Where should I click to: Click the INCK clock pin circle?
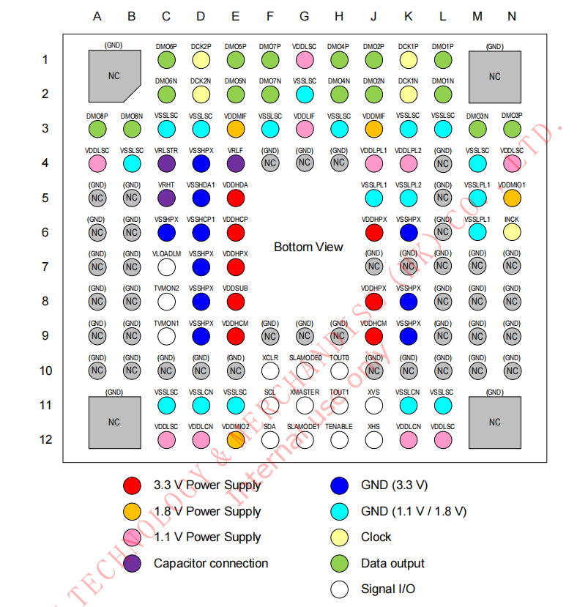click(x=512, y=232)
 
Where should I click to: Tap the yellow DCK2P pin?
click(x=201, y=59)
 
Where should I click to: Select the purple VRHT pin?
click(x=166, y=198)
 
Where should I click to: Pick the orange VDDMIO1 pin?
click(x=512, y=198)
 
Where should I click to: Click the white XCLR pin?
click(x=270, y=370)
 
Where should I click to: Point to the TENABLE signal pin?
click(x=339, y=439)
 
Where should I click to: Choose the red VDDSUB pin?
click(x=235, y=301)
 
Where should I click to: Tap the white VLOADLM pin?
click(x=166, y=267)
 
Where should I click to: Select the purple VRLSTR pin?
click(x=166, y=163)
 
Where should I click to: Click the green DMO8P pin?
click(x=97, y=129)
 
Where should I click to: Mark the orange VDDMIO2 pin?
click(x=235, y=439)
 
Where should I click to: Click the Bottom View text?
click(x=308, y=247)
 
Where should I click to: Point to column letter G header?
click(x=305, y=16)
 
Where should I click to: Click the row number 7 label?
click(x=45, y=267)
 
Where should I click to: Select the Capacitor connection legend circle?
click(x=133, y=564)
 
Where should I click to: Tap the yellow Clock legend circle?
click(x=339, y=537)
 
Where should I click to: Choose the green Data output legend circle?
click(x=339, y=564)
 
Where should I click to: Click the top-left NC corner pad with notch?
click(x=113, y=76)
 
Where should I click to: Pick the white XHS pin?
click(x=374, y=439)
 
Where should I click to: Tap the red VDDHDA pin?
click(x=235, y=198)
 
